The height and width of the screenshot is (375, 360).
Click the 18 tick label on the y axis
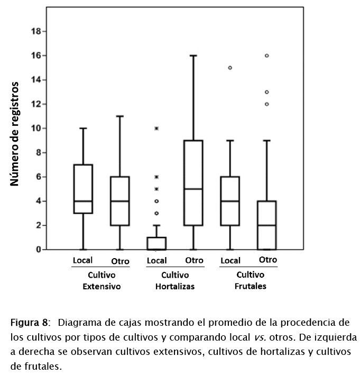click(36, 31)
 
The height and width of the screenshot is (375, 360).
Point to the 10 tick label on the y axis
click(36, 129)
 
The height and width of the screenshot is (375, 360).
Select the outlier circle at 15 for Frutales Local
click(230, 68)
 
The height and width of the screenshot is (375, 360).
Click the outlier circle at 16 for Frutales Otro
click(267, 56)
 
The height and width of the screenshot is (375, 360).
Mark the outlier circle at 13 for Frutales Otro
click(267, 92)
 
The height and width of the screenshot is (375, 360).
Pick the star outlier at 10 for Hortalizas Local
click(156, 129)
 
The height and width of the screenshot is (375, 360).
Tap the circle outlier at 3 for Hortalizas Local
click(156, 213)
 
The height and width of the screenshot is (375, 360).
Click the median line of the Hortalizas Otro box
click(193, 189)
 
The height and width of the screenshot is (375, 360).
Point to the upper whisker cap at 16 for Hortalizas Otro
click(193, 56)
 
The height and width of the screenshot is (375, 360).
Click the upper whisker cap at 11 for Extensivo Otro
click(120, 116)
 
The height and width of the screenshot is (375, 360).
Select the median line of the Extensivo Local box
click(83, 201)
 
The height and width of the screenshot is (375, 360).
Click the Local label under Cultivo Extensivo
click(83, 260)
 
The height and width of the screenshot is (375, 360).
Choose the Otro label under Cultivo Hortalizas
click(194, 260)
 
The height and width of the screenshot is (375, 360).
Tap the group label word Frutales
click(251, 286)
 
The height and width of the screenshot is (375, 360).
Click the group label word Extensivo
click(102, 287)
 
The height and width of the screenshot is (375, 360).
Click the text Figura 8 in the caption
click(30, 323)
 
